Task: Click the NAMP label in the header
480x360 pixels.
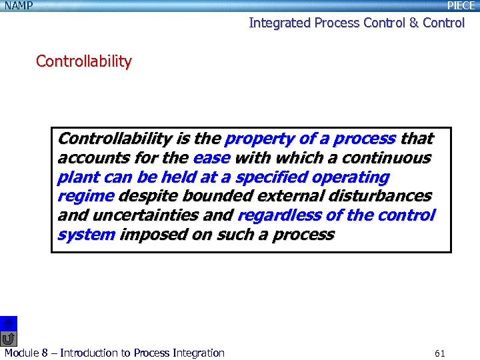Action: [x=17, y=6]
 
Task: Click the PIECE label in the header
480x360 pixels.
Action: [x=461, y=6]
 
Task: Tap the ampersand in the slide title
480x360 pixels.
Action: [x=413, y=23]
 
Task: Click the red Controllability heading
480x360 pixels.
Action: [x=84, y=61]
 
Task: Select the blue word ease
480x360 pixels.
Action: [x=211, y=158]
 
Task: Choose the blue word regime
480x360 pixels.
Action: [x=85, y=197]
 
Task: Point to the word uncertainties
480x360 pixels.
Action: [x=140, y=216]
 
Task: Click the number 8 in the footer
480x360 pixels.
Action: [x=44, y=353]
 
